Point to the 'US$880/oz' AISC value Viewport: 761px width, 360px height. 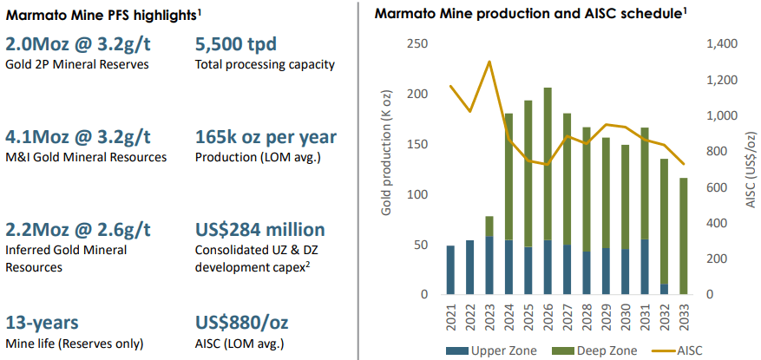[242, 323]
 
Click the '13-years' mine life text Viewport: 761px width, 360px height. [43, 323]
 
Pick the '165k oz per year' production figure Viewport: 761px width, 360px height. [266, 136]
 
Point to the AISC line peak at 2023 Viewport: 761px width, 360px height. [490, 62]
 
